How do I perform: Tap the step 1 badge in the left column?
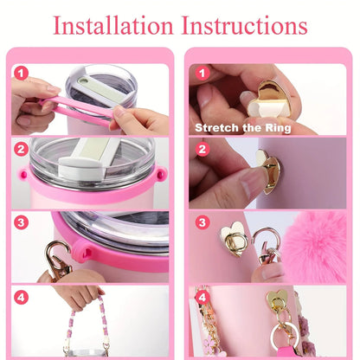tap(20, 74)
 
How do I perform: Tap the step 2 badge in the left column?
tap(20, 149)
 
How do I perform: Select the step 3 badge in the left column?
tap(20, 222)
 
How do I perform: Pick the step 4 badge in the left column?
tap(20, 297)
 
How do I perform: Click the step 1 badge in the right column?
tap(202, 74)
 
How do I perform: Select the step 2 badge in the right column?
tap(202, 149)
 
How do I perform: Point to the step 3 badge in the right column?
tap(202, 222)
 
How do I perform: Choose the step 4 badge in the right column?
tap(202, 297)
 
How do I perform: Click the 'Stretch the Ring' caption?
tap(242, 128)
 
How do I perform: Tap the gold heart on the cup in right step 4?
tap(277, 300)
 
